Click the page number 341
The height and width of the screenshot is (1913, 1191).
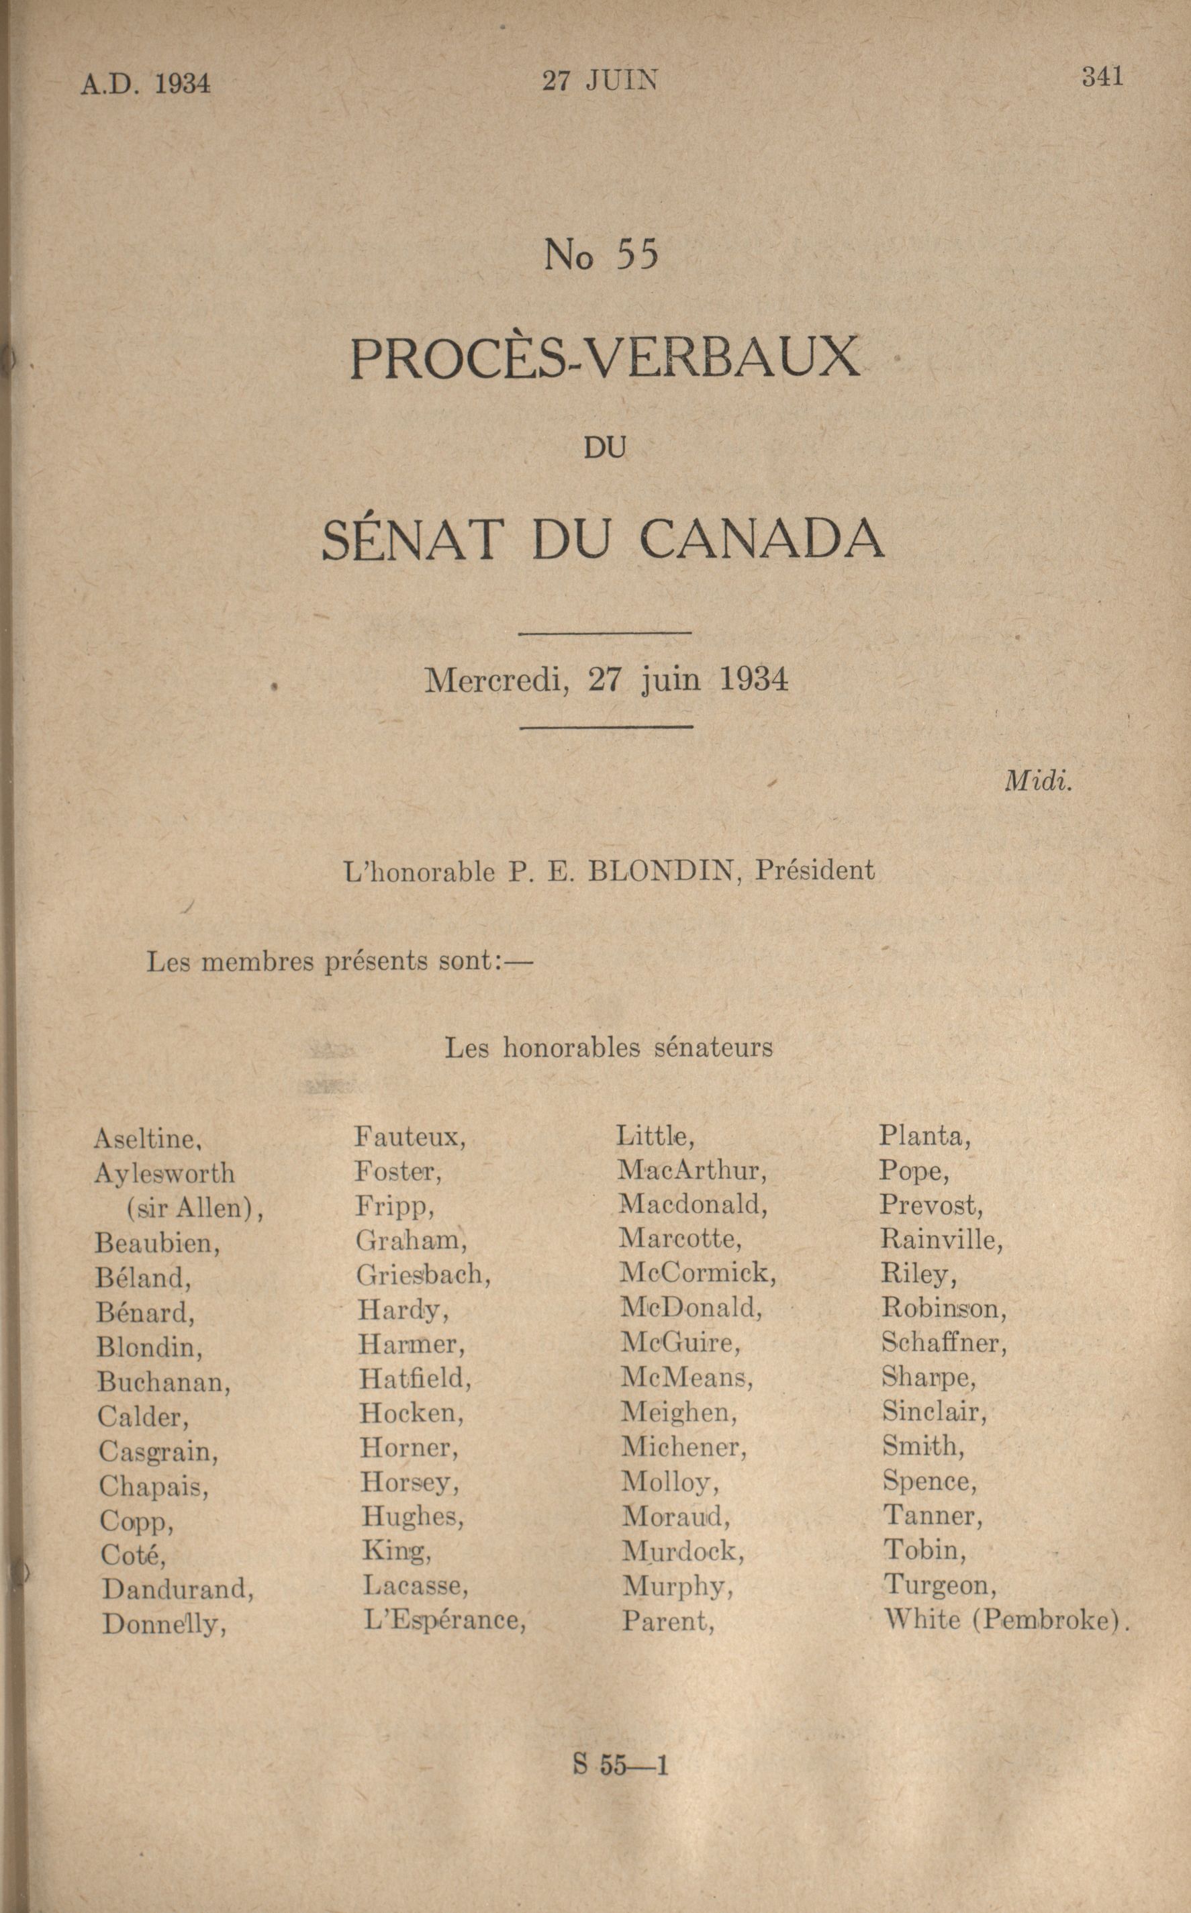1102,77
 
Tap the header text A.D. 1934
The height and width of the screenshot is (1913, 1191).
146,83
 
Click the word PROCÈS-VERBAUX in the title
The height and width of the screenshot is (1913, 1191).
604,358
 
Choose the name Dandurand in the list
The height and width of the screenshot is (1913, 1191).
177,1589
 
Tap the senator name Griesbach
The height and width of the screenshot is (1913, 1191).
423,1274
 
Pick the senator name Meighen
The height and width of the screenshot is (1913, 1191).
678,1412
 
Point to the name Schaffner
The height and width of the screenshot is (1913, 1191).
944,1343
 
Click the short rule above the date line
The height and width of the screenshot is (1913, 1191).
606,632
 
